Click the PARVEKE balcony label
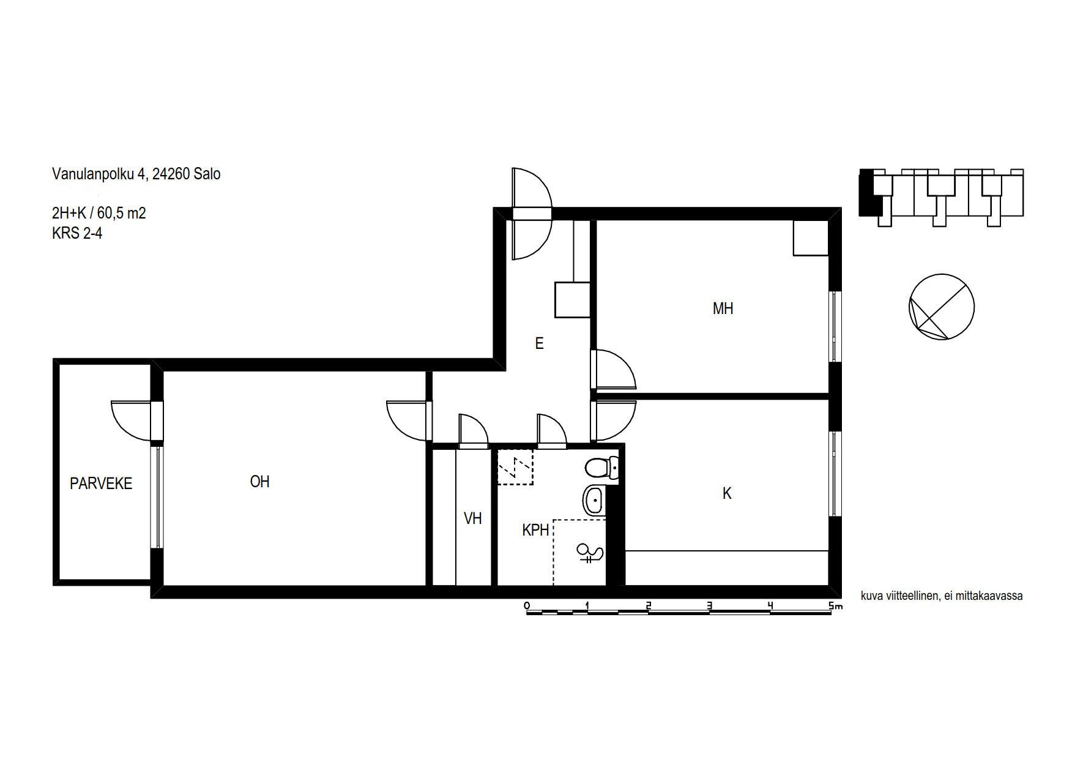coord(101,484)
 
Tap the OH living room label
coord(260,482)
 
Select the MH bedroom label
coord(723,308)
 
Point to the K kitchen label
coord(727,493)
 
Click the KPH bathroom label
coord(535,530)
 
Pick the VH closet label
coord(473,518)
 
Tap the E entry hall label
coord(539,343)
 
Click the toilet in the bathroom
coord(601,469)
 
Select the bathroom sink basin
coord(594,501)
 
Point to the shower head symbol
coord(590,553)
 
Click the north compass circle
coord(941,307)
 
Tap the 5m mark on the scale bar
coord(835,606)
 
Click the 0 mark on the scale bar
coord(527,606)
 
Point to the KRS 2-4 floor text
coord(77,233)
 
